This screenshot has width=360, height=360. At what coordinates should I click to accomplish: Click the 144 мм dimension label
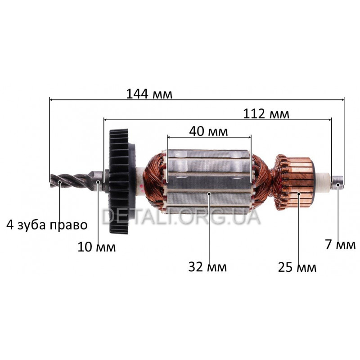click(149, 94)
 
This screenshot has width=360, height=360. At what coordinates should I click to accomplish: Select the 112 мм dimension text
click(266, 114)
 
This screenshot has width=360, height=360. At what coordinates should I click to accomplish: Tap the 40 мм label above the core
click(208, 131)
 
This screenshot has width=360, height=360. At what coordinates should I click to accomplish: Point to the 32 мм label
click(207, 267)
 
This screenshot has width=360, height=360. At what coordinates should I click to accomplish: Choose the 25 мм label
click(297, 267)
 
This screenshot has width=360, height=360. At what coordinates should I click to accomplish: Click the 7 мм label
click(340, 244)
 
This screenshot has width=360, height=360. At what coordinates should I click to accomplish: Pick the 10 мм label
click(96, 247)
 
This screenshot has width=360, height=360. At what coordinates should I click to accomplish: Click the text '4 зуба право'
click(47, 225)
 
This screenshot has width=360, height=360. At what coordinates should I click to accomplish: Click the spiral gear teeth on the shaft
click(72, 182)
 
